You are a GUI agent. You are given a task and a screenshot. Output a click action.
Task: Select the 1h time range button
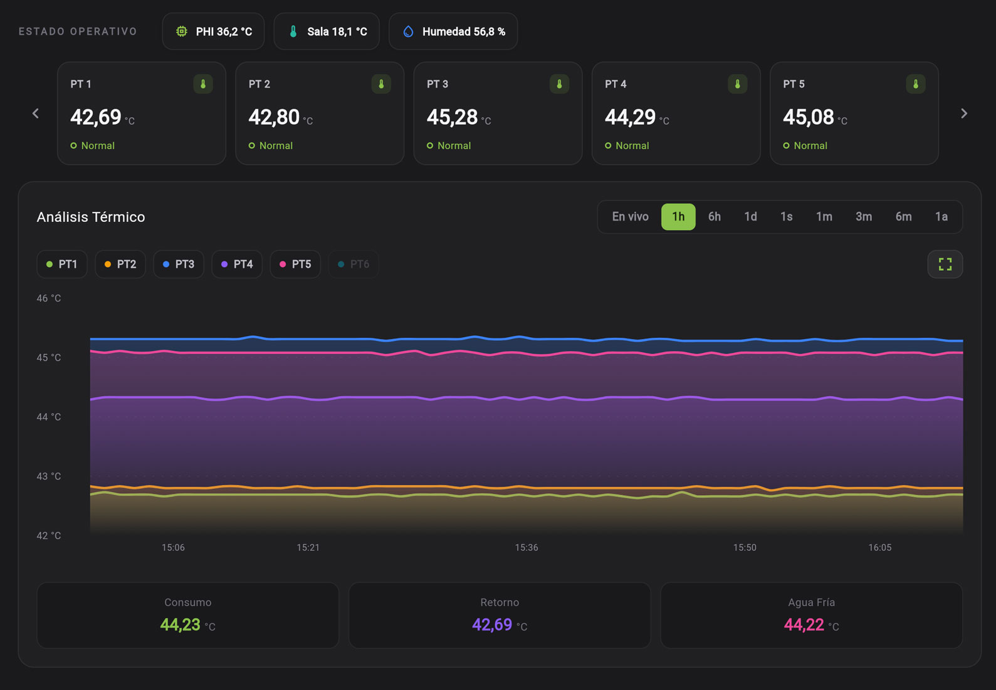[678, 216]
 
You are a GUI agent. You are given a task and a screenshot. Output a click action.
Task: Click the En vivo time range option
[630, 216]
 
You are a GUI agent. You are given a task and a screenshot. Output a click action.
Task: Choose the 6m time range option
[903, 216]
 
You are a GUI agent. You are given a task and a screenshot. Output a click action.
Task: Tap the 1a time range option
[941, 216]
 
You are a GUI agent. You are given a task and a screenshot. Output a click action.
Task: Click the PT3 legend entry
[179, 264]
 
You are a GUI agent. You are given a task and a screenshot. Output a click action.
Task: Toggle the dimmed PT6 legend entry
[354, 264]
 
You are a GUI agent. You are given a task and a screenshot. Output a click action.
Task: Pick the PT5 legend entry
[295, 264]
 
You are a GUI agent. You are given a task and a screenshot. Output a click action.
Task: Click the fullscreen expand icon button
[945, 264]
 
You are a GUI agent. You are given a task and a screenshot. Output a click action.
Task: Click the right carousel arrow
[963, 113]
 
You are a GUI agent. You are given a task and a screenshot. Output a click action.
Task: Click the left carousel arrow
[36, 113]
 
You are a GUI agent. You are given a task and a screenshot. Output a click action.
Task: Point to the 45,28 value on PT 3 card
[452, 117]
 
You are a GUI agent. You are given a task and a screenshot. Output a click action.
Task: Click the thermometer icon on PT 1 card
[202, 84]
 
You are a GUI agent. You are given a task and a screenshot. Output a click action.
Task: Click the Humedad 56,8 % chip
[453, 31]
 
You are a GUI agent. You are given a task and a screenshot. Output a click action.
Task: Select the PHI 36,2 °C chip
[213, 31]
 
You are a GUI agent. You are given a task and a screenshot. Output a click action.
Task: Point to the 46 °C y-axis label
[48, 298]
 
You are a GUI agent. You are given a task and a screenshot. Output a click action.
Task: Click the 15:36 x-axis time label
[527, 547]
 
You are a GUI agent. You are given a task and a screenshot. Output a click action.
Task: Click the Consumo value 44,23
[180, 625]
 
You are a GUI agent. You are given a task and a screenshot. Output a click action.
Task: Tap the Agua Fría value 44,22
[804, 625]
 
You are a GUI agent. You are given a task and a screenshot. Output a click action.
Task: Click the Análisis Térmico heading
[91, 217]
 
